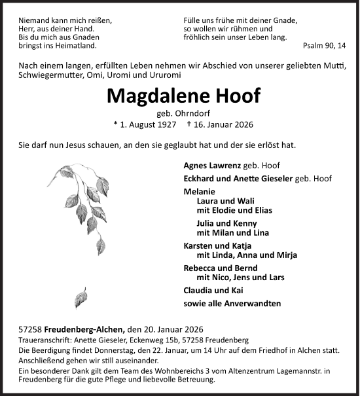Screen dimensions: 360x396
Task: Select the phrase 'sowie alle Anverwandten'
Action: tap(232, 303)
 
